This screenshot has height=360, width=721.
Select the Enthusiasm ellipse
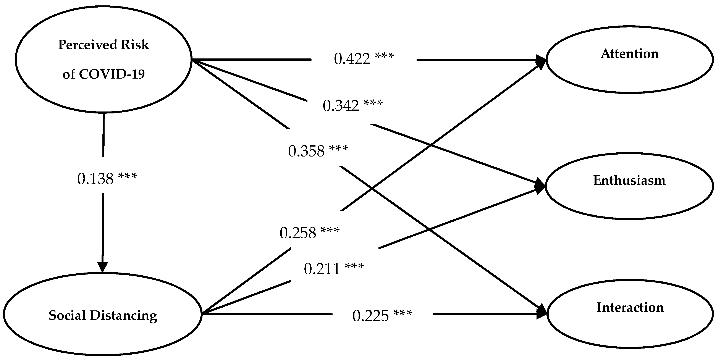[629, 186]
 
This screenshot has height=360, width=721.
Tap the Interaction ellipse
[630, 313]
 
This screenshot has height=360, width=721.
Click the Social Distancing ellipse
[102, 314]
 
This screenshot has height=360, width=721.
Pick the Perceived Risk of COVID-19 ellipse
[103, 59]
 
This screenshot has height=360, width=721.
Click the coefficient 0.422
[352, 59]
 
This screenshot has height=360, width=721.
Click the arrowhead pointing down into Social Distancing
[102, 267]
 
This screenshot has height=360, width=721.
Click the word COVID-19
[112, 74]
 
